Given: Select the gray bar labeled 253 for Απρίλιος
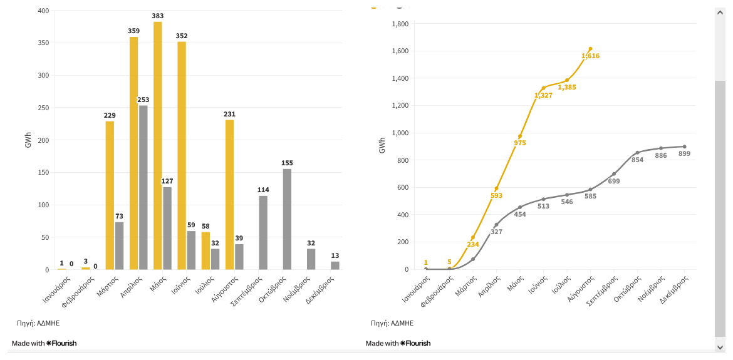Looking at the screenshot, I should [x=143, y=187].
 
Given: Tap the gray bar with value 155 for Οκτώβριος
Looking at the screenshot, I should [x=287, y=219].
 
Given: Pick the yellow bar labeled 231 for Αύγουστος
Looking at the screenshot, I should [x=229, y=194].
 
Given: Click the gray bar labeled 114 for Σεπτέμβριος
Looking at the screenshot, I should [x=263, y=232].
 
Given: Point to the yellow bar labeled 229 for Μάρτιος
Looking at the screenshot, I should [x=110, y=195].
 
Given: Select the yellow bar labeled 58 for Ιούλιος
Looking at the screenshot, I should [x=205, y=250].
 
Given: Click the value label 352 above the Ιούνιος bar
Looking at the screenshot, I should [x=182, y=36].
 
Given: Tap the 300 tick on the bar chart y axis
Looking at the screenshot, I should [x=43, y=76].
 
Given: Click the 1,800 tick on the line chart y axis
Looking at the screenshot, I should [x=400, y=24].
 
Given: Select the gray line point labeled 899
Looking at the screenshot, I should [x=684, y=147].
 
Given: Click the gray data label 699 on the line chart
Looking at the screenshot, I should [x=614, y=181].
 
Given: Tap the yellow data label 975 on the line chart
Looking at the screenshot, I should [x=520, y=143].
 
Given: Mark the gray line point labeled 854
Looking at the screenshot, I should [x=637, y=153].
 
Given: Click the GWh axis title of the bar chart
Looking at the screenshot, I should [x=28, y=140].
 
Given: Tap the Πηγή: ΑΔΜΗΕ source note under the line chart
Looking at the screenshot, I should [x=392, y=323].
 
